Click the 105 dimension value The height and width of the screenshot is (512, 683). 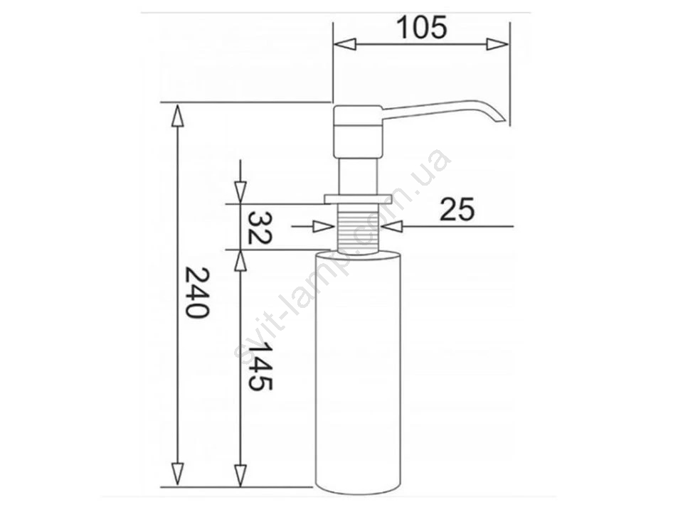(x=422, y=27)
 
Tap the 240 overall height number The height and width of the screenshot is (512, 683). (x=197, y=292)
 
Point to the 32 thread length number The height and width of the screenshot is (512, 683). (x=260, y=228)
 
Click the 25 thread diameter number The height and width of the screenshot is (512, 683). (x=457, y=209)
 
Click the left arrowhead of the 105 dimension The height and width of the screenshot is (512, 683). (x=344, y=44)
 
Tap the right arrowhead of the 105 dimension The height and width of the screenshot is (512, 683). (x=497, y=44)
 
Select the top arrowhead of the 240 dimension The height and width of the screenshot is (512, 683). (x=177, y=114)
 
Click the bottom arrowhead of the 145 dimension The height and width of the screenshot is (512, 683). (x=240, y=476)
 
